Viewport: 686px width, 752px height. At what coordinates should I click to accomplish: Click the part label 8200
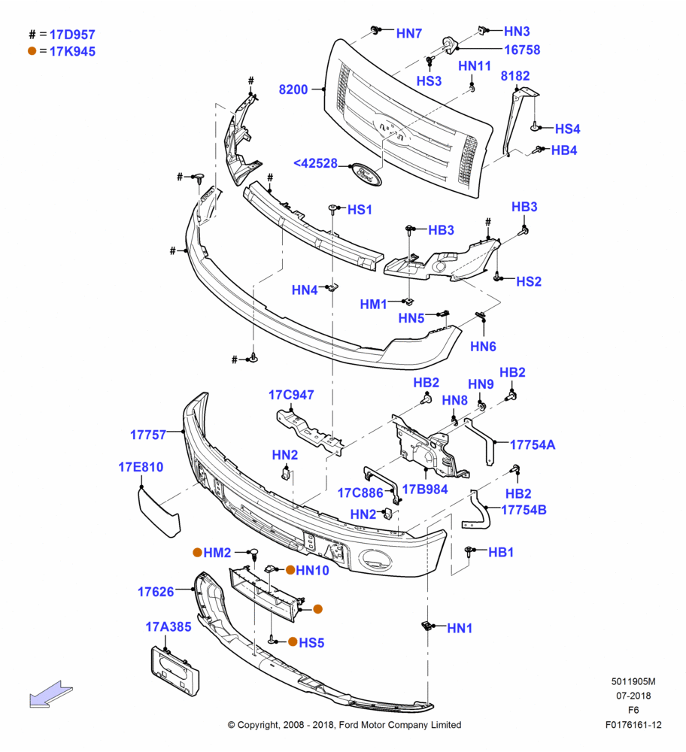point(293,89)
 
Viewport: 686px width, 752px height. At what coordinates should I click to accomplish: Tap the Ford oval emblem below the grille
point(366,174)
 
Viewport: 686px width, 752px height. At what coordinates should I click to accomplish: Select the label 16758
point(522,50)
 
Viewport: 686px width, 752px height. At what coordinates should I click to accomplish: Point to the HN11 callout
point(475,66)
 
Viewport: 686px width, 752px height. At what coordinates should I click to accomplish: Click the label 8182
point(515,76)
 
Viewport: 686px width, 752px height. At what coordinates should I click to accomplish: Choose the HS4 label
point(567,129)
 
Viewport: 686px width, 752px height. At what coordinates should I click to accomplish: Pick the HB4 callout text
point(564,150)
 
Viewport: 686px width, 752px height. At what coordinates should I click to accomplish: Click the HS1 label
point(360,210)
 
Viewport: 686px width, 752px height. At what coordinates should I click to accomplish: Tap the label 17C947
point(291,395)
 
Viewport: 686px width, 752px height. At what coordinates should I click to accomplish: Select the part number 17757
point(148,435)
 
